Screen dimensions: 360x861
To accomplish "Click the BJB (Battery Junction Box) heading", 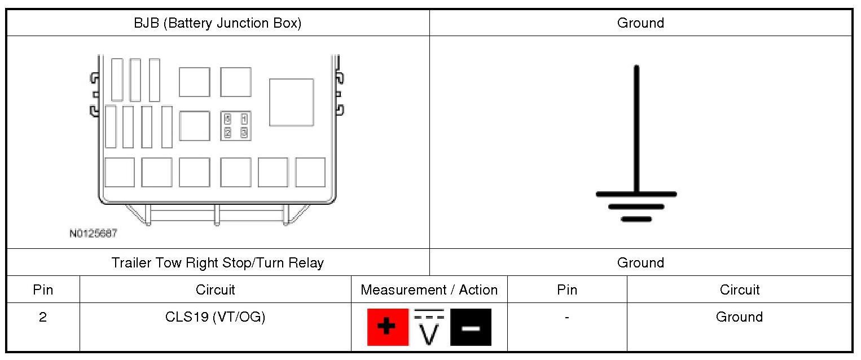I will pyautogui.click(x=217, y=23).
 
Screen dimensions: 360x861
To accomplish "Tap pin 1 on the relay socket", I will pyautogui.click(x=244, y=119).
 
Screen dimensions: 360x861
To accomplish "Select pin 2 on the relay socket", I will pyautogui.click(x=228, y=133).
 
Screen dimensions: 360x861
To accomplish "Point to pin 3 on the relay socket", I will pyautogui.click(x=244, y=133).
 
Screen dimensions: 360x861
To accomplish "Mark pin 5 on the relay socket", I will pyautogui.click(x=228, y=119).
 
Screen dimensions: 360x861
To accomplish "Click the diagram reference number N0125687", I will pyautogui.click(x=94, y=233).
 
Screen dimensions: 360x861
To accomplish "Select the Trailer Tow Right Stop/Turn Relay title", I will pyautogui.click(x=217, y=262).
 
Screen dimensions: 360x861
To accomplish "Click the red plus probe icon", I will pyautogui.click(x=387, y=327).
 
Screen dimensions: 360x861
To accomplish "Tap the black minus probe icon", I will pyautogui.click(x=471, y=327).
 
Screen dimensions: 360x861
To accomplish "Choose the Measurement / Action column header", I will pyautogui.click(x=429, y=289).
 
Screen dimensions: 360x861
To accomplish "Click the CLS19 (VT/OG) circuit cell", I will pyautogui.click(x=215, y=317).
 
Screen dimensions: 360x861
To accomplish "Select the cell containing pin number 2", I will pyautogui.click(x=43, y=317).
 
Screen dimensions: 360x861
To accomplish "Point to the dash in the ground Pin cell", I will pyautogui.click(x=566, y=317).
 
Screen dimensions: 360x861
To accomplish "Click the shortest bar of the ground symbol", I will pyautogui.click(x=636, y=219).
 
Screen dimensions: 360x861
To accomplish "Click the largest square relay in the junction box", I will pyautogui.click(x=291, y=102).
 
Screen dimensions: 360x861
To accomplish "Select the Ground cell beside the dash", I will pyautogui.click(x=739, y=317).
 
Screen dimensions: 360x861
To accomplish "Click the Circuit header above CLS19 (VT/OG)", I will pyautogui.click(x=215, y=289).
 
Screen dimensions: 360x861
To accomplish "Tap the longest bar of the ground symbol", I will pyautogui.click(x=636, y=194).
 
